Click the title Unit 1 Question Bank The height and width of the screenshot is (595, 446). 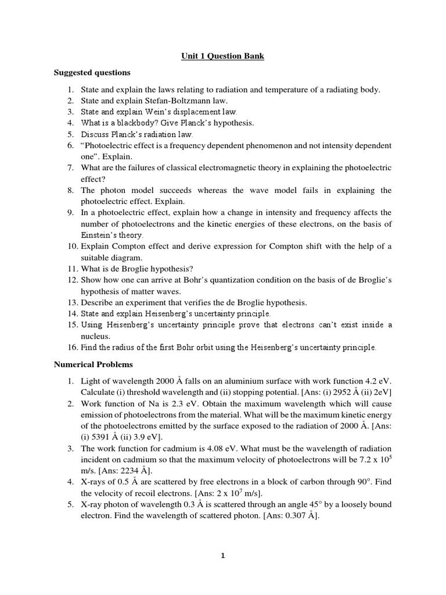(223, 56)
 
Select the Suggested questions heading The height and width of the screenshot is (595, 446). (92, 73)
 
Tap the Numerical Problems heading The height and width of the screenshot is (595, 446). (93, 364)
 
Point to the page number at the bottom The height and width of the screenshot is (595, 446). (222, 555)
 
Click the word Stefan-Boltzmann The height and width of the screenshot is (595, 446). (168, 100)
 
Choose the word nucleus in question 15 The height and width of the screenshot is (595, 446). (95, 336)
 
